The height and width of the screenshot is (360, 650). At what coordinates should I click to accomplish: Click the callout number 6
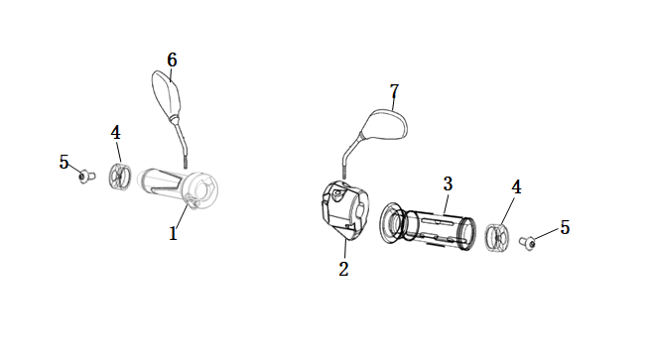point(172,60)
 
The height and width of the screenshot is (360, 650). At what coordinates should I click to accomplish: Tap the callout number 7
point(394,91)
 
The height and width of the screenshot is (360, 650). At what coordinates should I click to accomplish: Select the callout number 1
point(174,234)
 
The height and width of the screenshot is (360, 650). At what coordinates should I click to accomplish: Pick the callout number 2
point(343,270)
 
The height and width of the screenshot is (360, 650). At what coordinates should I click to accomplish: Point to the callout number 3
point(448,183)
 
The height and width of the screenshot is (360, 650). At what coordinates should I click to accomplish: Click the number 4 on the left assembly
point(116,133)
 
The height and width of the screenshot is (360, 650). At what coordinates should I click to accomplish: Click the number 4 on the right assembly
point(516,186)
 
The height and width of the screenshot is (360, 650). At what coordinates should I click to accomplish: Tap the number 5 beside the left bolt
point(64,162)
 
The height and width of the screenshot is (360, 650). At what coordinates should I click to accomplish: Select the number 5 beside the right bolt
point(565,227)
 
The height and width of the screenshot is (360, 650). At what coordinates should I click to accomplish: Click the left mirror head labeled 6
point(167,93)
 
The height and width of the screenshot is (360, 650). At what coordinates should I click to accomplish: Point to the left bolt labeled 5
point(87,177)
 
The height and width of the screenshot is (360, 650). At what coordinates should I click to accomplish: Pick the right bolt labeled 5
point(528,243)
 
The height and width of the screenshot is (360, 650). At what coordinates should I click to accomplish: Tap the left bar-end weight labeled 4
point(120,178)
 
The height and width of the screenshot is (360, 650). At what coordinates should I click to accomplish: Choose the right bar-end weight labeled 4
point(497,237)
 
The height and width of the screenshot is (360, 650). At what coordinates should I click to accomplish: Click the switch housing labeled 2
point(345,211)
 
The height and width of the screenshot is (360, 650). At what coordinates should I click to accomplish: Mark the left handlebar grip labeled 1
point(178,187)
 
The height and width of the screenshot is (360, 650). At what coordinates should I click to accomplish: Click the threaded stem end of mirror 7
point(344,173)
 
